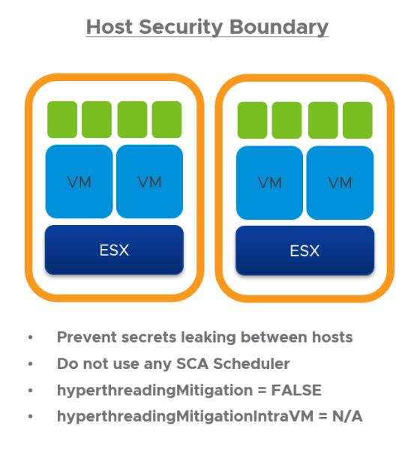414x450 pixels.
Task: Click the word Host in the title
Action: (x=109, y=27)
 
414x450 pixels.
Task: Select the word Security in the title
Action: (x=181, y=28)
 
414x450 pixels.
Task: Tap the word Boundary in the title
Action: (x=279, y=27)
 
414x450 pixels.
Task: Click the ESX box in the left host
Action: (x=114, y=250)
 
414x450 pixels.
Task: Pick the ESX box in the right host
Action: (x=304, y=250)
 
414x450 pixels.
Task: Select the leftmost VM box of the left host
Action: (x=79, y=181)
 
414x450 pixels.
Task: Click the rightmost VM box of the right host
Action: (x=340, y=182)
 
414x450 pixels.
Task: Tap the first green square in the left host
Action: (x=62, y=119)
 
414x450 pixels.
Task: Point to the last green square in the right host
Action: (x=358, y=120)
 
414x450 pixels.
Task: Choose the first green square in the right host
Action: (x=252, y=120)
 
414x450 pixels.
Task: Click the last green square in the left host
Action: (x=166, y=119)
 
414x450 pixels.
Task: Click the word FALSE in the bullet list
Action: (x=296, y=390)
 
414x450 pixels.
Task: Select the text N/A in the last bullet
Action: (x=347, y=416)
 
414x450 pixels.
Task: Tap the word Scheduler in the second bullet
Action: (x=251, y=364)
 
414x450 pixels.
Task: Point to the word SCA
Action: (x=192, y=364)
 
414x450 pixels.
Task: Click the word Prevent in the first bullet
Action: (x=87, y=337)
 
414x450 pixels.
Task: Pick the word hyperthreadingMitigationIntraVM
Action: (x=185, y=417)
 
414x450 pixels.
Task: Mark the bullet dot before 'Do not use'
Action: (x=31, y=364)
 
